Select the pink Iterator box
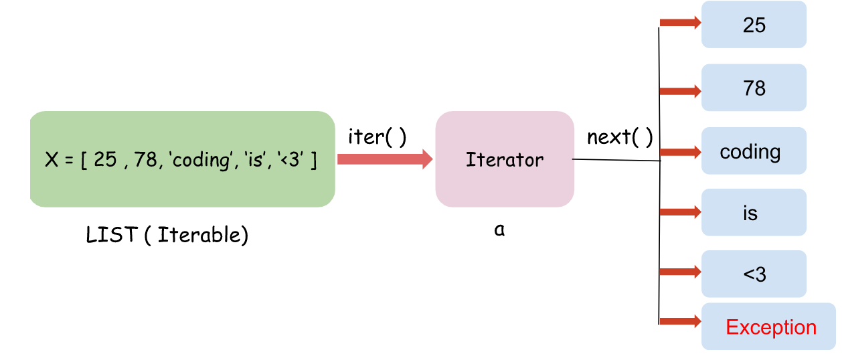click(505, 159)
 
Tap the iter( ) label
click(377, 137)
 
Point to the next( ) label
click(620, 137)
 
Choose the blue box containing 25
click(754, 25)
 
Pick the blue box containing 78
click(754, 88)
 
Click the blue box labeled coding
click(754, 151)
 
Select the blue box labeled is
click(754, 213)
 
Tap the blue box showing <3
click(754, 274)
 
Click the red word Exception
click(771, 327)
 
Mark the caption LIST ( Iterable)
click(167, 235)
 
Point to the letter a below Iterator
click(499, 230)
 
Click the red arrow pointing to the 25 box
click(680, 23)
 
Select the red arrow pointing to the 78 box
click(680, 91)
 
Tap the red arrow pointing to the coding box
click(680, 151)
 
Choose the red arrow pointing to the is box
click(680, 212)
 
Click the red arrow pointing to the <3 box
click(680, 272)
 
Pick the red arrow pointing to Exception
click(680, 321)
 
